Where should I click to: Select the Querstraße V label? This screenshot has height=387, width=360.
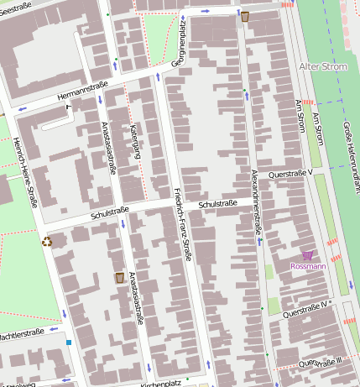290,173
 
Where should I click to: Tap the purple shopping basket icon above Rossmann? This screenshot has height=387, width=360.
307,254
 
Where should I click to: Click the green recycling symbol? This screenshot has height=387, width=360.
47,242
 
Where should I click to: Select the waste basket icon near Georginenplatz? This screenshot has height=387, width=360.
245,16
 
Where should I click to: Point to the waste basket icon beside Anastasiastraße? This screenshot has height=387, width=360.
120,277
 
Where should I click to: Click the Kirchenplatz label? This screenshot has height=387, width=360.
161,383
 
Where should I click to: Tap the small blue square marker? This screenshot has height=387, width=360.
69,342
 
